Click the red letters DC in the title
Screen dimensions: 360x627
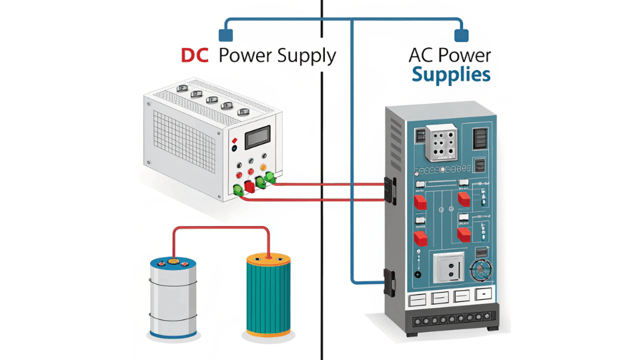(x=196, y=56)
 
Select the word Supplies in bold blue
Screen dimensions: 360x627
(x=451, y=75)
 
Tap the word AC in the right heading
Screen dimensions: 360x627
(x=422, y=56)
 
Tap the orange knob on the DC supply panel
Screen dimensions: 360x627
(x=264, y=167)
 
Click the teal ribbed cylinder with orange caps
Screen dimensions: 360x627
(x=269, y=293)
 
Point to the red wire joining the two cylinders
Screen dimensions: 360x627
(x=220, y=229)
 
